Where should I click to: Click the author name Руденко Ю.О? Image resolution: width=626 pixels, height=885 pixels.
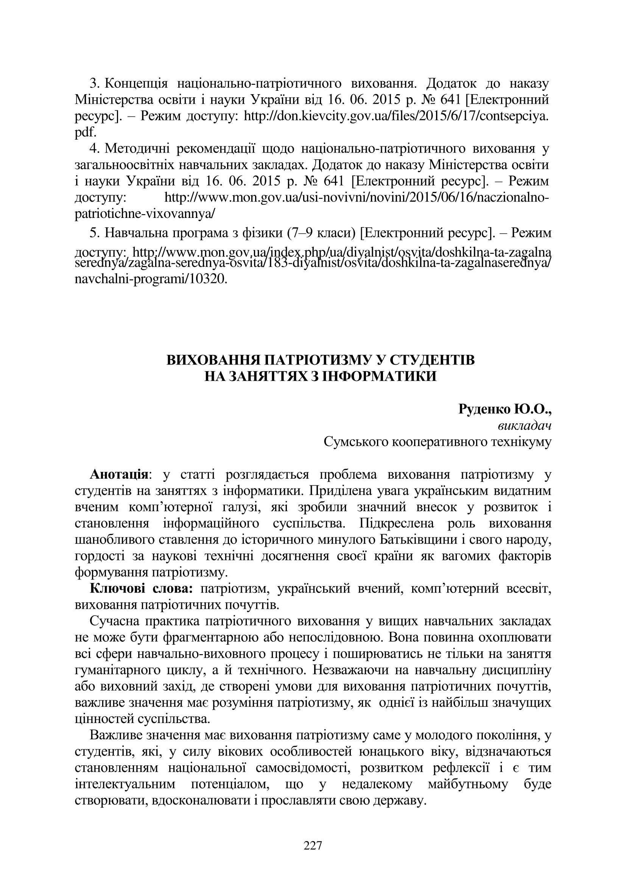point(505,409)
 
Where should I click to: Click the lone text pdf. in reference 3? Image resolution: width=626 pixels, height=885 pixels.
point(85,132)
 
